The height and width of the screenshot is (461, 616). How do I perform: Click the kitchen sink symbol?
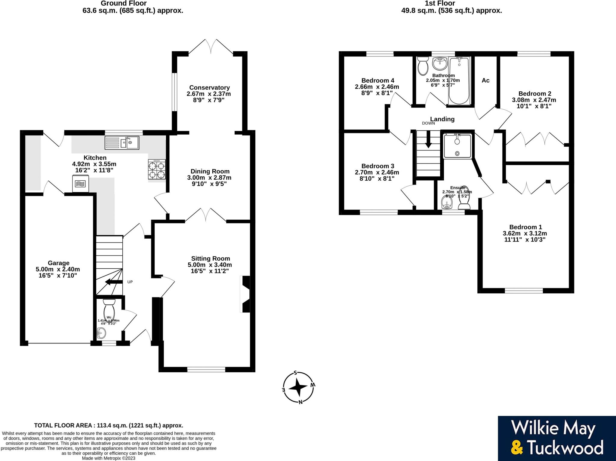point(122,143)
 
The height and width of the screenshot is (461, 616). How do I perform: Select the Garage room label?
point(58,263)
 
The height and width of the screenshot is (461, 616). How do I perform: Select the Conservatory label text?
point(209,87)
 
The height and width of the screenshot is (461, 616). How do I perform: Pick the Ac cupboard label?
point(485,80)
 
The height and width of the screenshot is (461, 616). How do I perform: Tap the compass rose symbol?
point(298,387)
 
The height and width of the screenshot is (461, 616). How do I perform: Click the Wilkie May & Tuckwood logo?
point(557,438)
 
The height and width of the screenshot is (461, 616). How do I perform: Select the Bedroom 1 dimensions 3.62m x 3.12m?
point(525,234)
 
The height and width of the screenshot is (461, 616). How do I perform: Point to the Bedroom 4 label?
point(377,81)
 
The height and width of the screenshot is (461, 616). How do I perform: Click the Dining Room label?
point(210,171)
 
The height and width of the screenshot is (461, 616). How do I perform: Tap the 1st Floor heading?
point(440,4)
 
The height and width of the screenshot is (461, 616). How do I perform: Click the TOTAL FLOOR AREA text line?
point(109,425)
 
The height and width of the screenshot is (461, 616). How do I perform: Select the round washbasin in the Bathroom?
point(439,64)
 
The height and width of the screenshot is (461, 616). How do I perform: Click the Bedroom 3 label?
point(377,166)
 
